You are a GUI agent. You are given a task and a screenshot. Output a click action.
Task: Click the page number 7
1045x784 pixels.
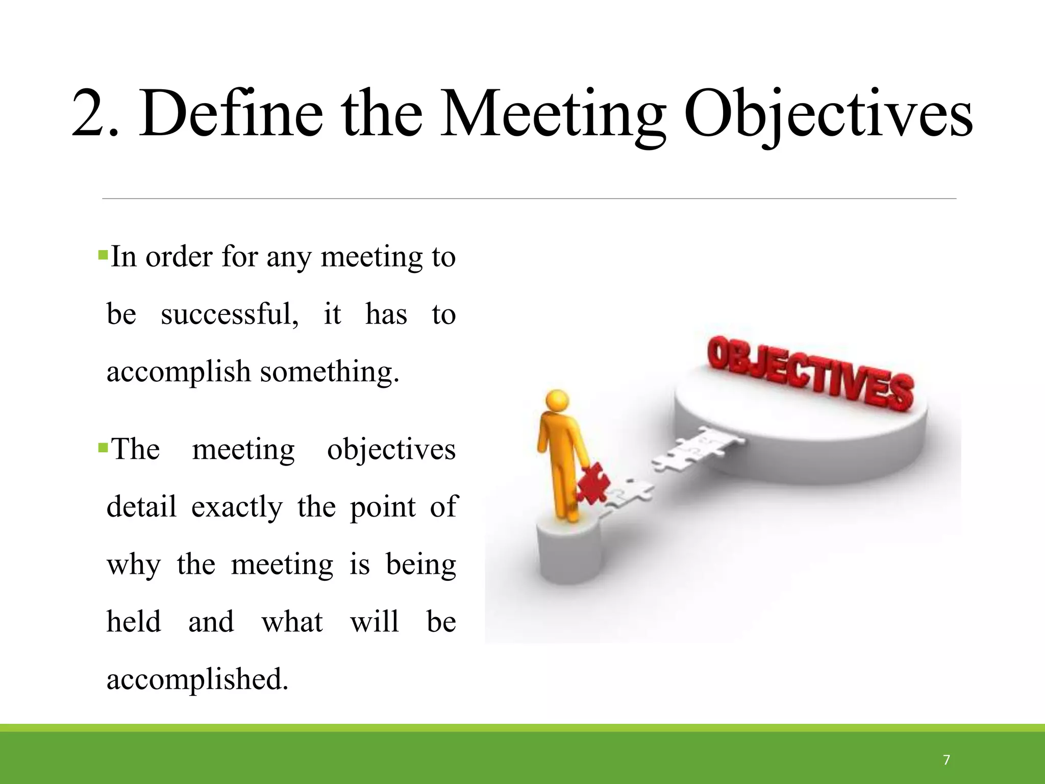pyautogui.click(x=947, y=760)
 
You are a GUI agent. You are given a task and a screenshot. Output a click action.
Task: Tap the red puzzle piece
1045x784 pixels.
pyautogui.click(x=593, y=482)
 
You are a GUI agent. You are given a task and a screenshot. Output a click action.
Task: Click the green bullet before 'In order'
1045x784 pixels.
pyautogui.click(x=103, y=253)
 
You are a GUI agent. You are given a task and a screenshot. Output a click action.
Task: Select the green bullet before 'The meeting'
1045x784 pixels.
pyautogui.click(x=103, y=448)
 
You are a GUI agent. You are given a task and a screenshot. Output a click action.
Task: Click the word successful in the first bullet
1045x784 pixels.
pyautogui.click(x=229, y=313)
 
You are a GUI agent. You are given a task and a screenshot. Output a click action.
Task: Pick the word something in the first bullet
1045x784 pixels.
pyautogui.click(x=329, y=372)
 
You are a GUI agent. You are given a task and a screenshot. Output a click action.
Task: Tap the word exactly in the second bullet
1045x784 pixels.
pyautogui.click(x=237, y=507)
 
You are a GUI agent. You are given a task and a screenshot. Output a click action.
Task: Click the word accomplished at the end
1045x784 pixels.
pyautogui.click(x=197, y=680)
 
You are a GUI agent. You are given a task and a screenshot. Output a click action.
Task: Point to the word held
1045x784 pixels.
pyautogui.click(x=134, y=622)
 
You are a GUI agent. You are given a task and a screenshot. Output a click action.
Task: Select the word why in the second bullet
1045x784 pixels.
pyautogui.click(x=134, y=565)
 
